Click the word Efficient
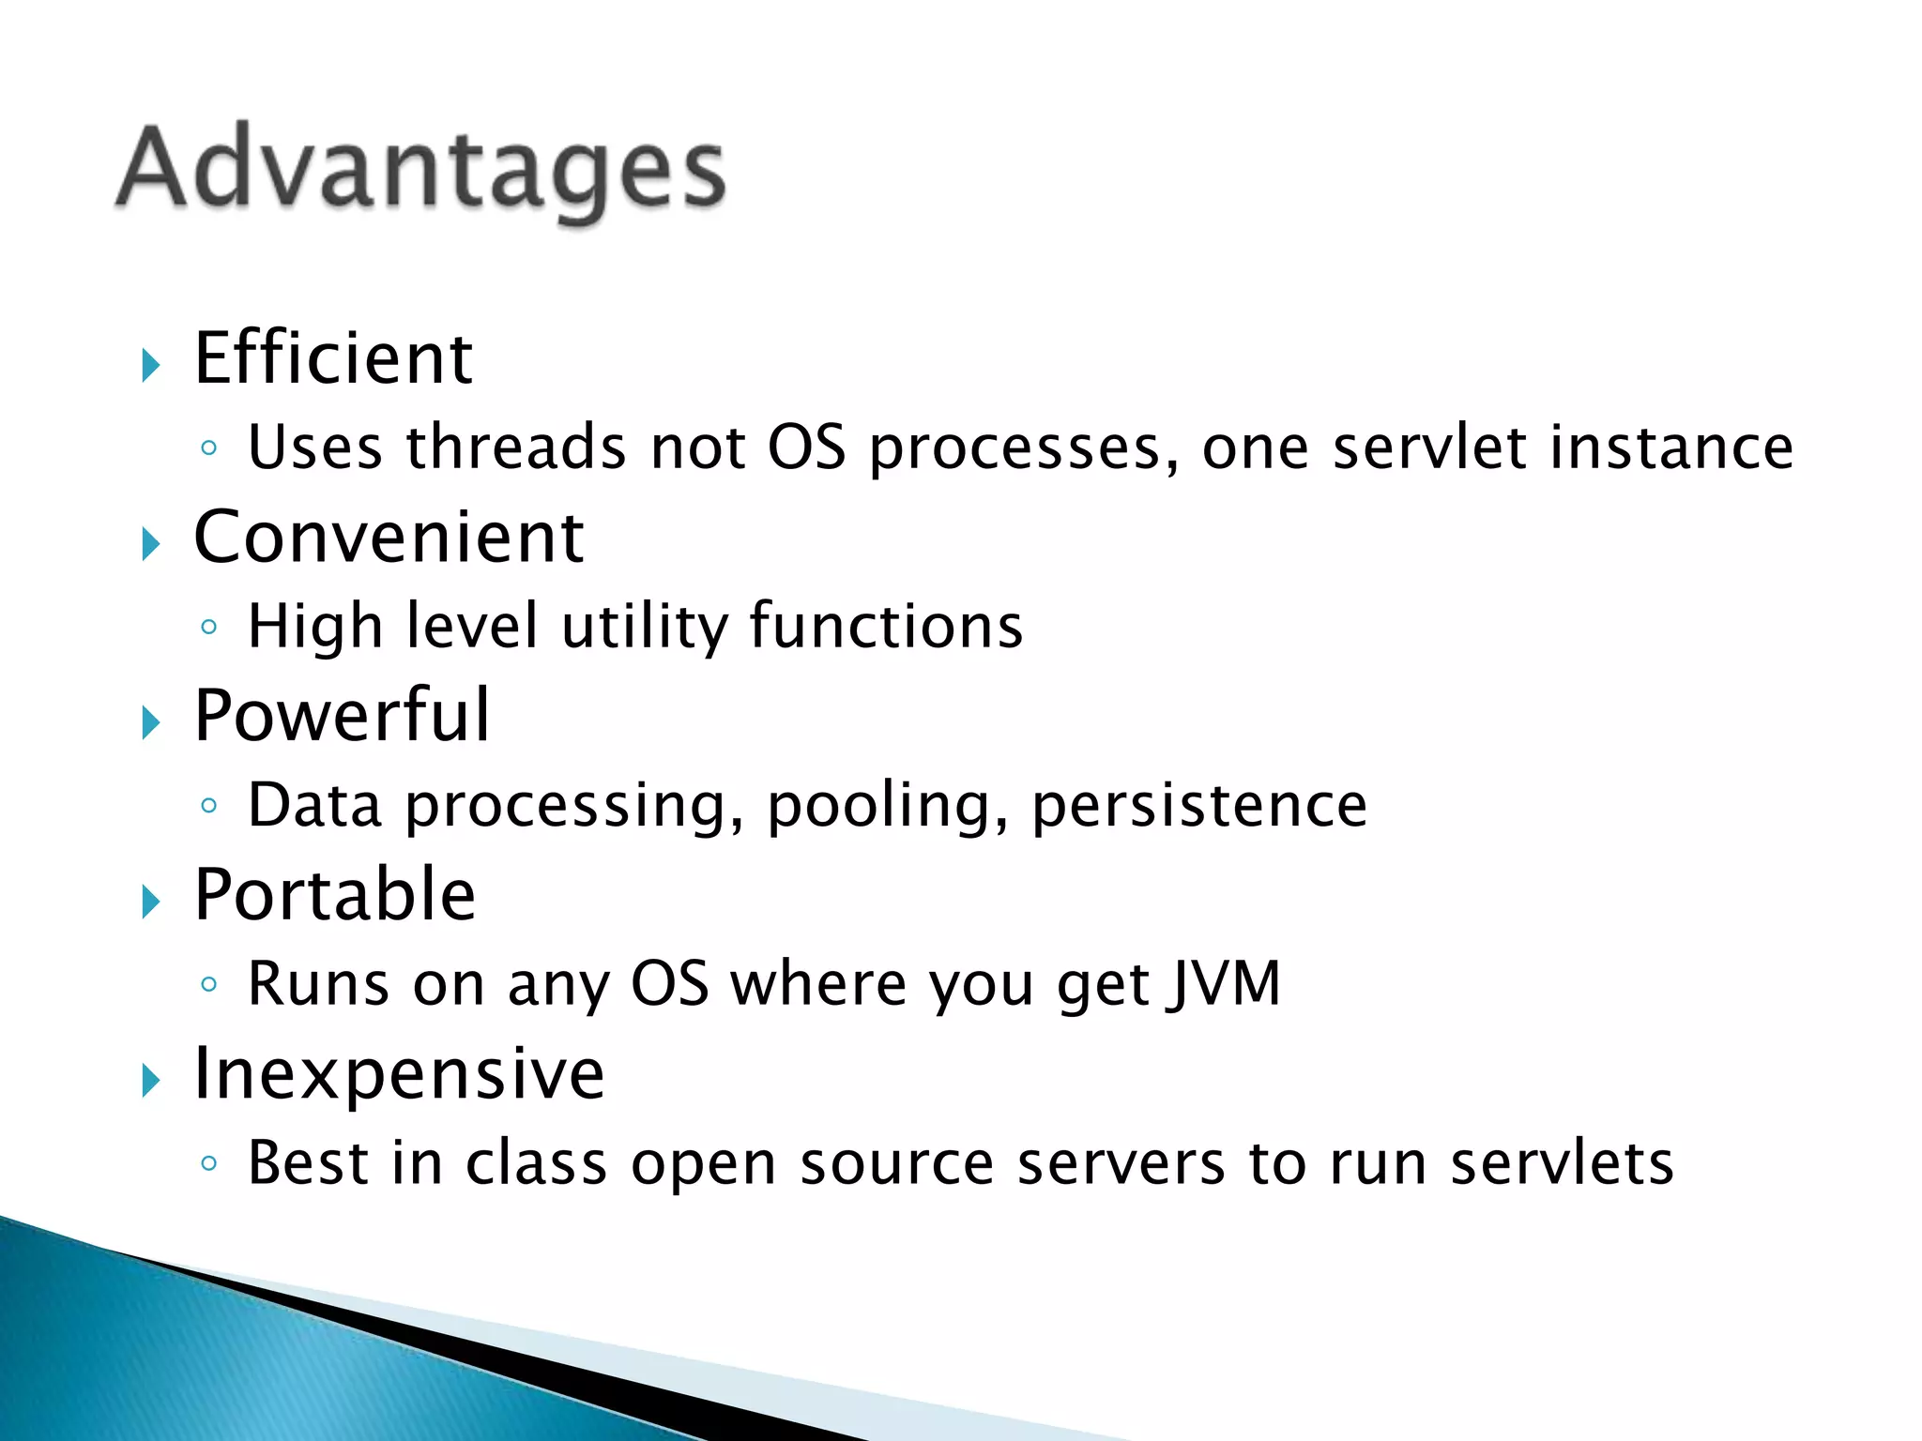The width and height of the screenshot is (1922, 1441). [x=333, y=358]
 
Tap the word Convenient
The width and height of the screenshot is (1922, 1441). [x=389, y=538]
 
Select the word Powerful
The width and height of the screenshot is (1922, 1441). [x=342, y=716]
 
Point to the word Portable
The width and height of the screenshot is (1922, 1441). [x=335, y=895]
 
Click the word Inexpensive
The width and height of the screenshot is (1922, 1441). [x=399, y=1073]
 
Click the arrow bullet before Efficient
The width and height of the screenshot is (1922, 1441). [x=151, y=365]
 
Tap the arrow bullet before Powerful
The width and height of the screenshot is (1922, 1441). [x=151, y=723]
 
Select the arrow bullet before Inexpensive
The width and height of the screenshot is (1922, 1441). [x=151, y=1081]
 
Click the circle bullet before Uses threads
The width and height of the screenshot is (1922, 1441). [x=209, y=448]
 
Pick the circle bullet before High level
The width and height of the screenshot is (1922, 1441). [x=209, y=627]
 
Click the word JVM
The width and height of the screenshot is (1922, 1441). [x=1224, y=983]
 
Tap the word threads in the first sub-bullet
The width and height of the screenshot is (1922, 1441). [x=515, y=447]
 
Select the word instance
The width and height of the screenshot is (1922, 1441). [x=1671, y=447]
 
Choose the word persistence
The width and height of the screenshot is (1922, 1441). [x=1199, y=805]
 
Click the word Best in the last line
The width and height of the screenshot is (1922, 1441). [x=308, y=1163]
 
